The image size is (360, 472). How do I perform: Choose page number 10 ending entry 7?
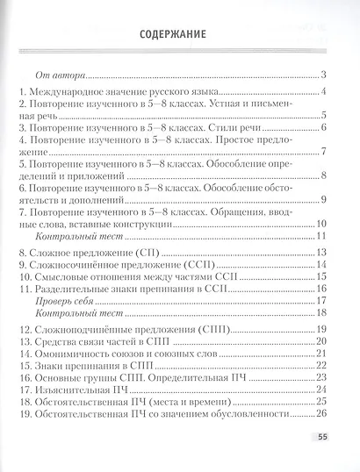320,225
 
